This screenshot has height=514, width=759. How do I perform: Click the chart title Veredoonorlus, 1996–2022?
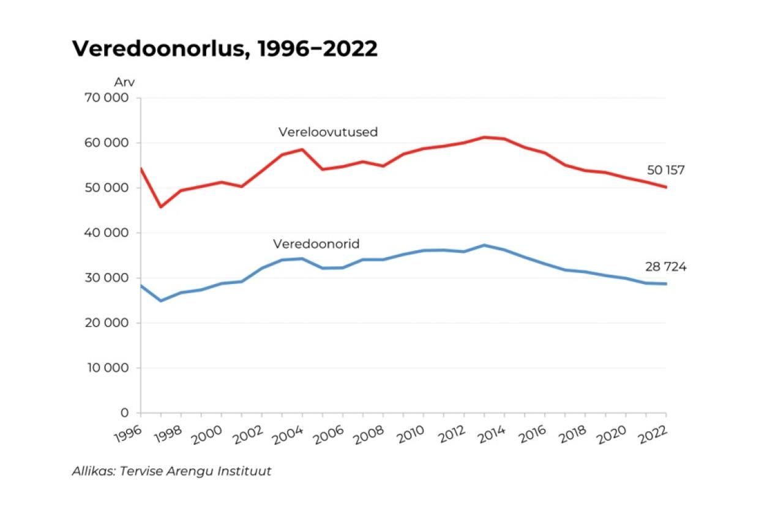coord(225,49)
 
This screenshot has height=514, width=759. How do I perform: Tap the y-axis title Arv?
coord(124,82)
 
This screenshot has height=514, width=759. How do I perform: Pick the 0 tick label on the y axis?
coord(125,413)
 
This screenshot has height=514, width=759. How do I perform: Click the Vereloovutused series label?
coord(328,132)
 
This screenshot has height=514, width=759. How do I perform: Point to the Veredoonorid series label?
coord(316,244)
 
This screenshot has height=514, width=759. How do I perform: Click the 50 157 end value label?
coord(665,170)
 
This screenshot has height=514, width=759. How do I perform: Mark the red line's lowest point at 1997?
coord(161,207)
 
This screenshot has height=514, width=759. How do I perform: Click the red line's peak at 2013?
coord(484,137)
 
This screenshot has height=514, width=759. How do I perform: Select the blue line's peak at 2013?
coord(484,245)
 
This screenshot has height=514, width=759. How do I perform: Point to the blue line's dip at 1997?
coord(161,300)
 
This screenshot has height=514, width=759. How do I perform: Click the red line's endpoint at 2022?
coord(666,187)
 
